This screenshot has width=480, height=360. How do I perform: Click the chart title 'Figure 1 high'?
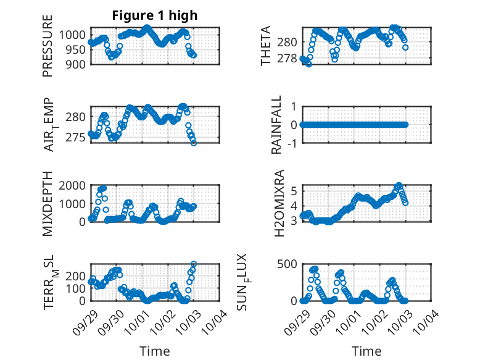click(154, 15)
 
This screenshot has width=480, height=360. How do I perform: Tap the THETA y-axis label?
click(266, 46)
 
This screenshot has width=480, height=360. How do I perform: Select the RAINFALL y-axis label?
click(276, 125)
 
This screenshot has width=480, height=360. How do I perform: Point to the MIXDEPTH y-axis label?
click(48, 204)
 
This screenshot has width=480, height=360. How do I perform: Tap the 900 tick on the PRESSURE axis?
click(77, 64)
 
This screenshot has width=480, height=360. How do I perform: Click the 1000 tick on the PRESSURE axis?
click(74, 35)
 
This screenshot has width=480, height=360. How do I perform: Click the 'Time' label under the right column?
click(366, 351)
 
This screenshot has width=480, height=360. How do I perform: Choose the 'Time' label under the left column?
click(154, 351)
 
